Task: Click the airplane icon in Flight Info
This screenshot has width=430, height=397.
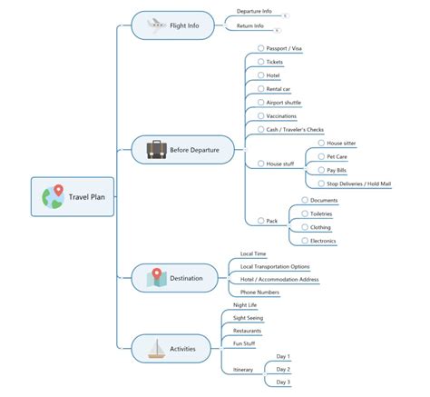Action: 156,25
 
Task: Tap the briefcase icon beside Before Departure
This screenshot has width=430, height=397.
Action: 157,150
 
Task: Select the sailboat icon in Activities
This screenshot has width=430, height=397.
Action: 157,349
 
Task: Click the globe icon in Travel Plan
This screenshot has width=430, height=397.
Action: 53,197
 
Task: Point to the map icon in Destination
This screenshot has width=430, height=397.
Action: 156,278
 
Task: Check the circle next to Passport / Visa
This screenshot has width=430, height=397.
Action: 261,48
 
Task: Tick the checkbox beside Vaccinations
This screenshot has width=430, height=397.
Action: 261,115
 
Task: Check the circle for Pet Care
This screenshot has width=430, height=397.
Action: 321,156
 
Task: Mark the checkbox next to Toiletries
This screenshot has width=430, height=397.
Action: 305,213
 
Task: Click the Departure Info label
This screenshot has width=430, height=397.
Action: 254,12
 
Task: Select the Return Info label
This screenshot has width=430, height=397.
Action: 250,26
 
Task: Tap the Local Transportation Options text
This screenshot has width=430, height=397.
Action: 275,267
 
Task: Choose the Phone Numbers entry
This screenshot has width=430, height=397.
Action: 259,293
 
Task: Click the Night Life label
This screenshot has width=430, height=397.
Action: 245,305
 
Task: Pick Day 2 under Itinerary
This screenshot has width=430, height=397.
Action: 283,370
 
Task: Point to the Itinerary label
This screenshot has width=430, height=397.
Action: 243,370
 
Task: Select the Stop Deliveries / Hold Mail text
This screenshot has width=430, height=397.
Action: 359,184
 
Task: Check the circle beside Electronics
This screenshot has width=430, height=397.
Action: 305,241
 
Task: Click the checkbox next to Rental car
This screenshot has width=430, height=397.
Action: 261,89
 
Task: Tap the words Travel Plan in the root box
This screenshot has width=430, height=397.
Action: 87,197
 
